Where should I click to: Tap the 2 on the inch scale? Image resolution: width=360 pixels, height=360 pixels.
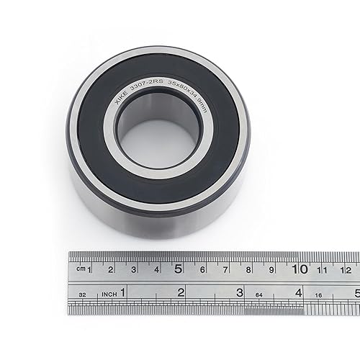181,292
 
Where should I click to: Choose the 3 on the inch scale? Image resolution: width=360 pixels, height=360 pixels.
239,292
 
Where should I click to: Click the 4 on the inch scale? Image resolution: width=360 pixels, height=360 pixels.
297,292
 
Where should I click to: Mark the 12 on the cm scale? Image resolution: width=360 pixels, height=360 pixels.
346,270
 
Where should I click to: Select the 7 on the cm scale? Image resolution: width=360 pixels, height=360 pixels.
225,270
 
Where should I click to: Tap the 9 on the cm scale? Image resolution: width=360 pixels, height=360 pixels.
271,270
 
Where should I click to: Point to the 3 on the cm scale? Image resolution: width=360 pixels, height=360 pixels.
133,270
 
